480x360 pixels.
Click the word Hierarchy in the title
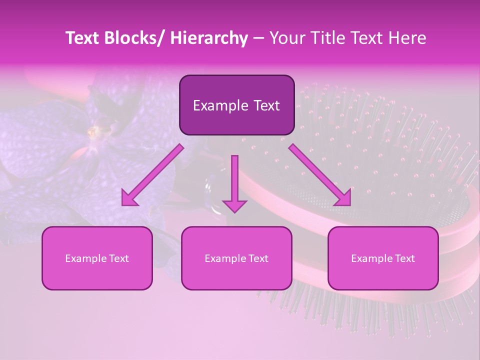[209, 38]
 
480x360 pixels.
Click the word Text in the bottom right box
[405, 258]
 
